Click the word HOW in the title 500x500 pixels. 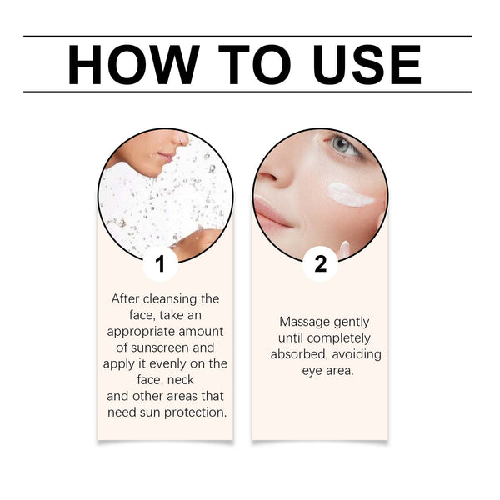(130, 64)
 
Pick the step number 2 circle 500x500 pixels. (320, 265)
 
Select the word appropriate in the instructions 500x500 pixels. (145, 331)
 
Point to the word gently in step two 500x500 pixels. (351, 322)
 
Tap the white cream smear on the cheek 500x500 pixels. (350, 194)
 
